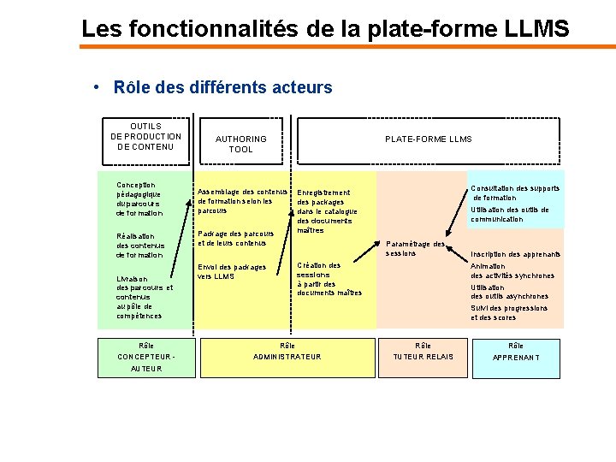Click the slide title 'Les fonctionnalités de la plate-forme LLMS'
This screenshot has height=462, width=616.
tap(325, 28)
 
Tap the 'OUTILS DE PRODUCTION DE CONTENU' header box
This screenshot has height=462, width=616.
tap(145, 137)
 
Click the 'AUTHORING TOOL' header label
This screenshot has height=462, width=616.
tap(240, 144)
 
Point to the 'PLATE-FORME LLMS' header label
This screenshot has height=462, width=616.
tap(428, 139)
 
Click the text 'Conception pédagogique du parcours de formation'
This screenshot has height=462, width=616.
tap(139, 198)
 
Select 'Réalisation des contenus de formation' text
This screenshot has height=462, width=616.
tap(139, 246)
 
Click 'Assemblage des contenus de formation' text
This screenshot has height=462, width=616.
tap(241, 200)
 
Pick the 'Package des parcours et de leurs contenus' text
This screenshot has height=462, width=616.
tap(235, 238)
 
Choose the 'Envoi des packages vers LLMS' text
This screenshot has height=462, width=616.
tap(231, 271)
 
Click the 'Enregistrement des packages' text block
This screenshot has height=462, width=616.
tap(326, 211)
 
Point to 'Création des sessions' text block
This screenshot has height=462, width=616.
tap(329, 279)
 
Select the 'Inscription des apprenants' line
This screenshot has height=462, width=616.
tap(515, 254)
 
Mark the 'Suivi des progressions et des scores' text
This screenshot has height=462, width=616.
tap(509, 312)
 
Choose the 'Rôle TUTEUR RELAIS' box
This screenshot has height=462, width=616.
tap(423, 352)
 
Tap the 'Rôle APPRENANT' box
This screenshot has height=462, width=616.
tap(516, 352)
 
